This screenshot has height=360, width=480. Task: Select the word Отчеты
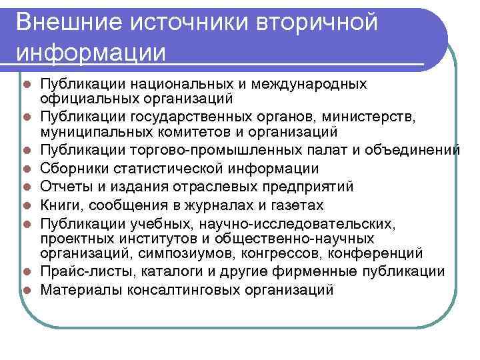(63, 186)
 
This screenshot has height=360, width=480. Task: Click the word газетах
(294, 204)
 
